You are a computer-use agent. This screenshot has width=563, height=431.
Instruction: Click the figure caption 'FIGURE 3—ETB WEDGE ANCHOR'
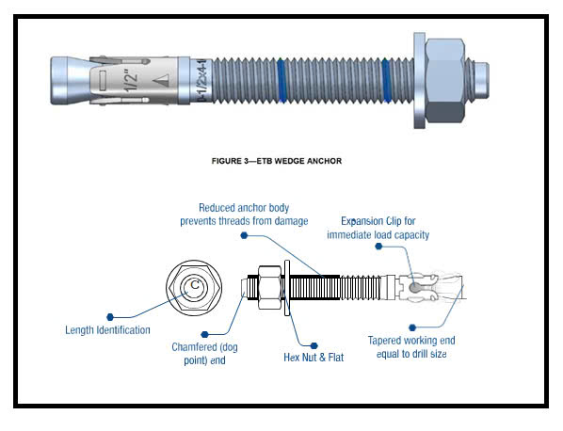(277, 161)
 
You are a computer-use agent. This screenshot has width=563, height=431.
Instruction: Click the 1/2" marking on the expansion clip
(131, 81)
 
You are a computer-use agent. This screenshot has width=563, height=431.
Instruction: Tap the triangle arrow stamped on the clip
(161, 80)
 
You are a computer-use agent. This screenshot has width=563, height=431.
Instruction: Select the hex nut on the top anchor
(445, 81)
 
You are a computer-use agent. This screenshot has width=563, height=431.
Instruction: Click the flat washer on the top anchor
(419, 81)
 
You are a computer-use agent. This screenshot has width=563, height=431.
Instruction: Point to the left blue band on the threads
(281, 80)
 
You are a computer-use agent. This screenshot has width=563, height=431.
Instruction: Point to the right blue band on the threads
(386, 80)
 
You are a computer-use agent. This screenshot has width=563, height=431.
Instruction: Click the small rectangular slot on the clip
(103, 80)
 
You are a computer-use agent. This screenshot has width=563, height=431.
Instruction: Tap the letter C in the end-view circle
(195, 284)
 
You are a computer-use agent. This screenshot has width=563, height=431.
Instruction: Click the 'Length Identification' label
(107, 329)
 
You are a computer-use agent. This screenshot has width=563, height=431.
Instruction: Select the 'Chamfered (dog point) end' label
(204, 354)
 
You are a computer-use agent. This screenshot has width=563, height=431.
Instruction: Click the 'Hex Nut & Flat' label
(314, 358)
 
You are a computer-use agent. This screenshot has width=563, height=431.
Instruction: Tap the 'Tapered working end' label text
(411, 341)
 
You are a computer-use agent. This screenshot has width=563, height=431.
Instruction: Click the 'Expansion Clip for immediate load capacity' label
(378, 228)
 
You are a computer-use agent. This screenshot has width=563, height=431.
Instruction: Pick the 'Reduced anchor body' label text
(244, 208)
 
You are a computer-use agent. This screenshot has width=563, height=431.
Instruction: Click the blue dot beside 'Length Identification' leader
(110, 317)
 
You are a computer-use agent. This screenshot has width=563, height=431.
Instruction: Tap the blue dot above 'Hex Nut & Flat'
(314, 345)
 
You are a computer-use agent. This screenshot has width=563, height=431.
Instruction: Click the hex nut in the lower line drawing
(269, 287)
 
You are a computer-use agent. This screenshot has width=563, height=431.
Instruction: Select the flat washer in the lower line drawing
(287, 288)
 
